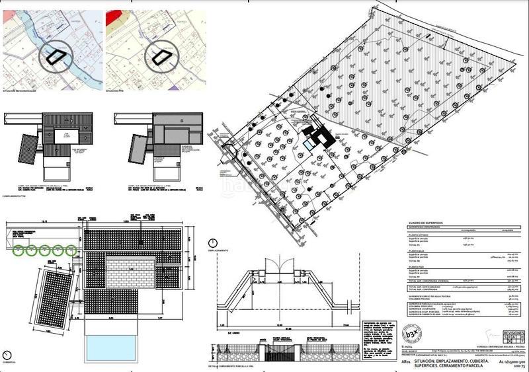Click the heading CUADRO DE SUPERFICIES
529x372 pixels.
429,223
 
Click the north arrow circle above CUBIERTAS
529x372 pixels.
6,352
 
